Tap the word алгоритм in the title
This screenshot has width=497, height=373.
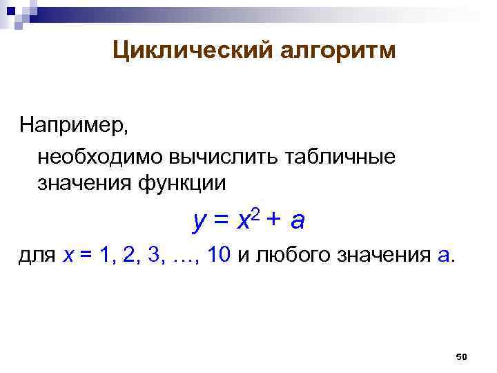coord(338,50)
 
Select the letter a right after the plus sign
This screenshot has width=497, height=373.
coord(298,222)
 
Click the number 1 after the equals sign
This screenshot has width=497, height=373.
coord(105,256)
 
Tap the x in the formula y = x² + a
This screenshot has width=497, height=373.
coord(243,222)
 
